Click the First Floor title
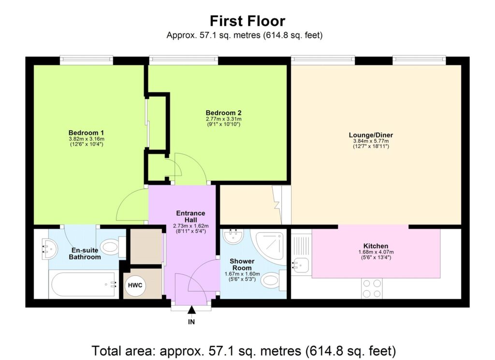[x=247, y=21]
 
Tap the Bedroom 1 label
[x=86, y=133]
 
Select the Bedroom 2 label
[x=223, y=113]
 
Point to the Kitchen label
[x=376, y=246]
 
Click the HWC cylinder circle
[x=134, y=285]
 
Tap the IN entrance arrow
[x=191, y=310]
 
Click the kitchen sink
[x=301, y=264]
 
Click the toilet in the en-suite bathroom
[x=113, y=248]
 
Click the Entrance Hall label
[x=190, y=216]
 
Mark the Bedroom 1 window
[x=87, y=60]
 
